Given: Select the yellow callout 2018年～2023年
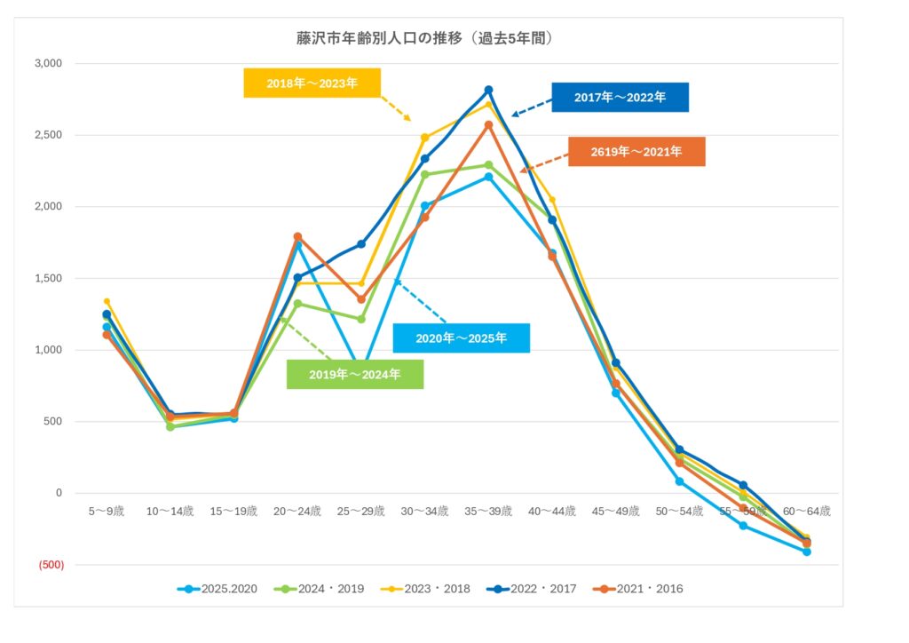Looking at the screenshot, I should (312, 83).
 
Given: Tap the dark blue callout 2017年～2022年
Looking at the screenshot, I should (620, 98).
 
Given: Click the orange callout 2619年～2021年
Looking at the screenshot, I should (636, 152).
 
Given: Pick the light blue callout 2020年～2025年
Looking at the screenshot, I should (461, 338).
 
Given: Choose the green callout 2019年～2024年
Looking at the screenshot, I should (354, 375).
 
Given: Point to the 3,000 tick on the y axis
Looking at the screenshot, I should (48, 64).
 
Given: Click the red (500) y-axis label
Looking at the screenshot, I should (50, 565).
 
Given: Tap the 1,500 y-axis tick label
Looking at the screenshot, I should (48, 279).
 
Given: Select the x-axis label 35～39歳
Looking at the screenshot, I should (488, 512).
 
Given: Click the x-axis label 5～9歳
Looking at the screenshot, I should (107, 512).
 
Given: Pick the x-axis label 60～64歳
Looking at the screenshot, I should (807, 512).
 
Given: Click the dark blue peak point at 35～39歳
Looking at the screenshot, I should (488, 90).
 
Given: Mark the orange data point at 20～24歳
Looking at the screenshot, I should (297, 237).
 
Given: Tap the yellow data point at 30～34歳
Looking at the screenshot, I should (424, 138).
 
